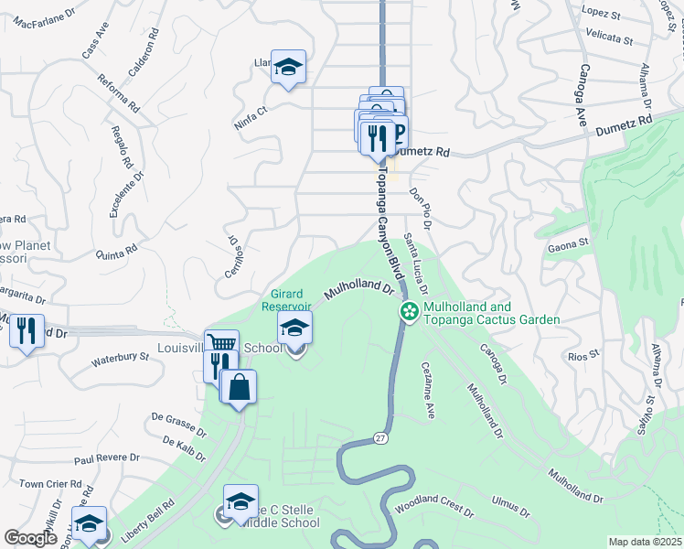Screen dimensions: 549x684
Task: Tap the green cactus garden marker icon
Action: tap(409, 312)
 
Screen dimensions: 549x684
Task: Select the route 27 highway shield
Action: tap(380, 440)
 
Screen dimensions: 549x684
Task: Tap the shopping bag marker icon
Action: tap(239, 386)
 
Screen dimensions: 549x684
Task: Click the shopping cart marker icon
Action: tap(221, 346)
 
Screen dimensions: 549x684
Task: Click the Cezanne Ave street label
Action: tap(428, 390)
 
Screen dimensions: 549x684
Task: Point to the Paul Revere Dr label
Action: tap(106, 458)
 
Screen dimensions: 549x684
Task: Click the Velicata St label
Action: tap(610, 39)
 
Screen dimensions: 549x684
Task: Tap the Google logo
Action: tap(31, 538)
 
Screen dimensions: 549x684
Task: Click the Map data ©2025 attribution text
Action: tap(646, 542)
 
